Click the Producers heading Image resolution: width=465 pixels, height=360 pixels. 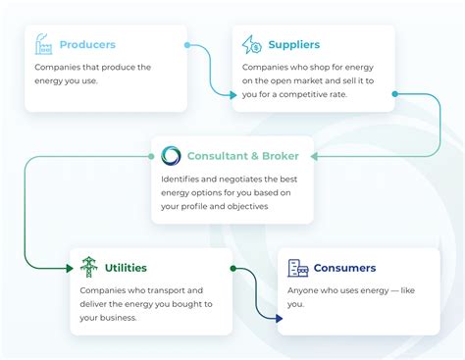tap(87, 44)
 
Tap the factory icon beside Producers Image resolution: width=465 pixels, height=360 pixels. tap(43, 44)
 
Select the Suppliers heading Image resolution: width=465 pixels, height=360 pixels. tap(294, 45)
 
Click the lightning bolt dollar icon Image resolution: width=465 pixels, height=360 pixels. tap(251, 44)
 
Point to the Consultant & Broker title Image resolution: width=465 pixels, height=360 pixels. tap(243, 156)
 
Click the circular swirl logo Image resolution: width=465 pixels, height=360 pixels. tap(171, 155)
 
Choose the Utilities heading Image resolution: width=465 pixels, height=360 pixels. tap(126, 268)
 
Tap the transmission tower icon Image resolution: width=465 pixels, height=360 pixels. tap(89, 267)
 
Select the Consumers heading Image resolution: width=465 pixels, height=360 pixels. tap(344, 268)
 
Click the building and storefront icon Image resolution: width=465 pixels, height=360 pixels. tap(297, 268)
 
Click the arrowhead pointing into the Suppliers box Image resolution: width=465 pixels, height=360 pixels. tap(233, 95)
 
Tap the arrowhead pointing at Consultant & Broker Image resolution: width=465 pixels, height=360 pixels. tap(314, 156)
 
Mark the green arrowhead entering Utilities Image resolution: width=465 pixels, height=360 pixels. tap(70, 269)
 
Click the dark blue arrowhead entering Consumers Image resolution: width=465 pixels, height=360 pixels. tap(279, 318)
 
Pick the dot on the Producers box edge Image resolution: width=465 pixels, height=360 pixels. tap(187, 45)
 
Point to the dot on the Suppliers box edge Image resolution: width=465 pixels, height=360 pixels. tap(395, 94)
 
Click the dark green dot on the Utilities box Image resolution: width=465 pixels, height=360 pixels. tap(233, 269)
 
